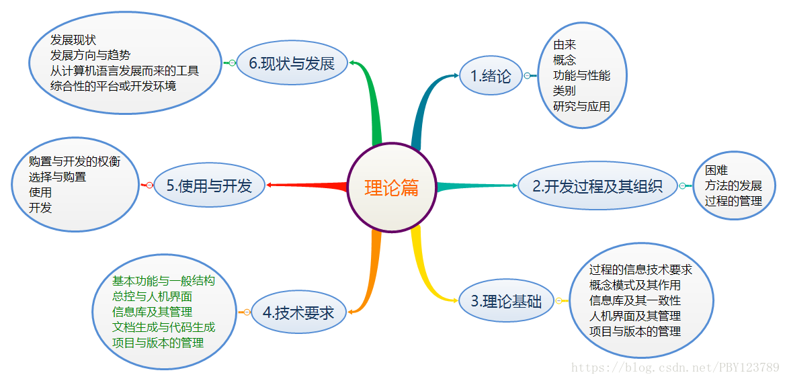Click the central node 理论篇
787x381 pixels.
tap(392, 187)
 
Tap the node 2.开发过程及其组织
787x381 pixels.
tap(597, 186)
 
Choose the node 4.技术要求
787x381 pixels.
tap(298, 312)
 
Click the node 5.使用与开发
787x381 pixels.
tap(208, 185)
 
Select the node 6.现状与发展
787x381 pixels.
tap(292, 64)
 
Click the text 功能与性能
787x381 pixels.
tap(581, 75)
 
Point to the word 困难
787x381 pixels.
tap(716, 170)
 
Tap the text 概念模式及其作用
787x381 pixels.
tap(634, 285)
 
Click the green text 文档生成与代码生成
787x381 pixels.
tap(164, 327)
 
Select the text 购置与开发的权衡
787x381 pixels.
tap(75, 161)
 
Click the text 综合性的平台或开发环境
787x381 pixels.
tap(113, 86)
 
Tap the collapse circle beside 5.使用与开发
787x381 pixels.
tap(149, 185)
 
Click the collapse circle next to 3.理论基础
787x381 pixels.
tap(558, 301)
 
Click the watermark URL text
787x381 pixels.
tap(674, 368)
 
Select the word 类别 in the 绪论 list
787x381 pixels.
tap(564, 91)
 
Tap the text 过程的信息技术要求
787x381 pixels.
tap(640, 269)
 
